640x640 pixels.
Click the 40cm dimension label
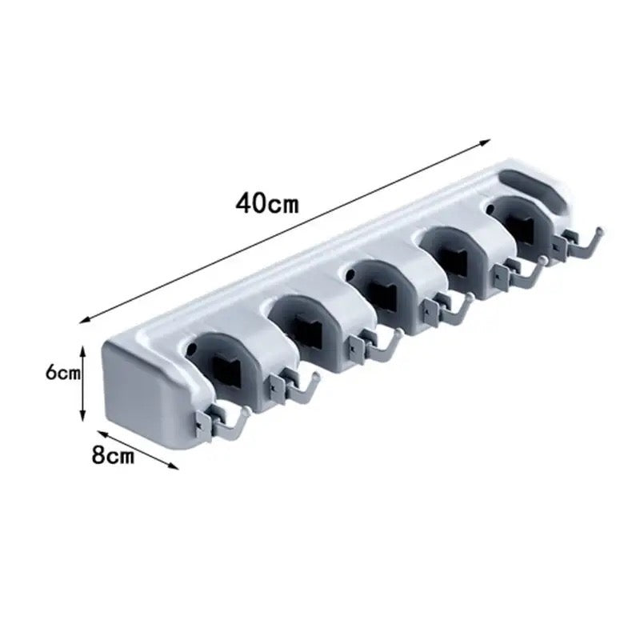pos(267,203)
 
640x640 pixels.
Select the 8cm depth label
pos(113,454)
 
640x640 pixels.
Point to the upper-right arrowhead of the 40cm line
pos(485,142)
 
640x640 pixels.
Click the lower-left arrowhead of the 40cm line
pos(86,321)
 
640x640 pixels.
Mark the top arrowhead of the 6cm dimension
pos(82,351)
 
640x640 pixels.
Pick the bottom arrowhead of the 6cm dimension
pos(82,415)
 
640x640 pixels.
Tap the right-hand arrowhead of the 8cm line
pos(174,466)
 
